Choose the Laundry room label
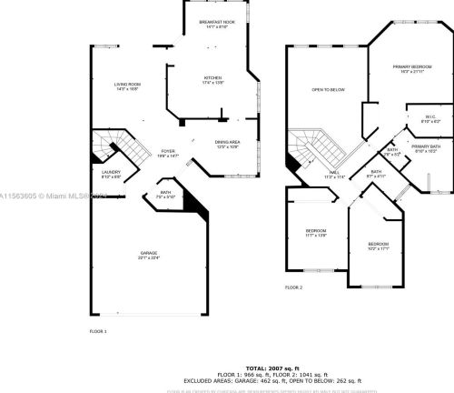click(112, 174)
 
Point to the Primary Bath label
click(426, 148)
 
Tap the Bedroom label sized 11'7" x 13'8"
click(316, 234)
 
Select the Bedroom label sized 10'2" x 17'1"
click(379, 246)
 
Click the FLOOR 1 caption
click(98, 330)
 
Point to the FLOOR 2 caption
click(293, 287)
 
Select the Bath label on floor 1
click(166, 194)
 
